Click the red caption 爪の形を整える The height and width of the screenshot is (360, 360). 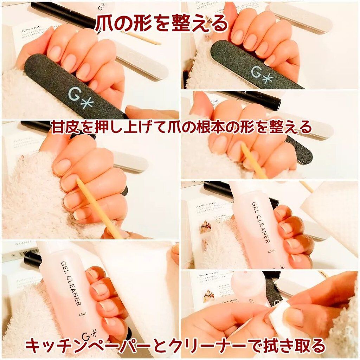coord(161,23)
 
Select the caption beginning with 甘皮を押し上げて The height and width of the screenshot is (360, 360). coord(181,127)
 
